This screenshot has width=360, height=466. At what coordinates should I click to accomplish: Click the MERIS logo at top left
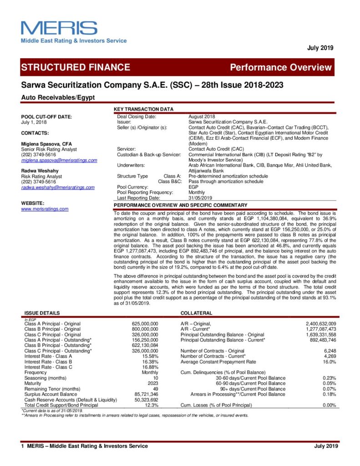[73, 31]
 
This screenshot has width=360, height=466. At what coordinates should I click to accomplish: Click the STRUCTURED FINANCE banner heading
[76, 67]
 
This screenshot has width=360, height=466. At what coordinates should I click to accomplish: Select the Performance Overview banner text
[281, 68]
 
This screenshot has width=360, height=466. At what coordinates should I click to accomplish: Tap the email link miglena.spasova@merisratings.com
[59, 160]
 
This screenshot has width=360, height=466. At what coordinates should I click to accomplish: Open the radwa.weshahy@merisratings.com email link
[58, 187]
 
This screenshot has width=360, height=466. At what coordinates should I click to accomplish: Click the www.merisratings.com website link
[45, 209]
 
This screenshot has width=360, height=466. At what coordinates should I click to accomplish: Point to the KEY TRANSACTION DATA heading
[143, 110]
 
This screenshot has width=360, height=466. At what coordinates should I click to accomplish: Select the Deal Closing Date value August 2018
[202, 117]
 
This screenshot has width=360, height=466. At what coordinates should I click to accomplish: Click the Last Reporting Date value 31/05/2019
[200, 198]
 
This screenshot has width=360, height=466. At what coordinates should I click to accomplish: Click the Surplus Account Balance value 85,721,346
[146, 394]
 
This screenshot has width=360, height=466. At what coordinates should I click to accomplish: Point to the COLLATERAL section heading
[196, 314]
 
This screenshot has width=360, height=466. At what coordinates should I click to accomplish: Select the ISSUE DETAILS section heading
[42, 314]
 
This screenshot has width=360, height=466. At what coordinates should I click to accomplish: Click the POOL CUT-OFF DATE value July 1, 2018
[34, 122]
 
